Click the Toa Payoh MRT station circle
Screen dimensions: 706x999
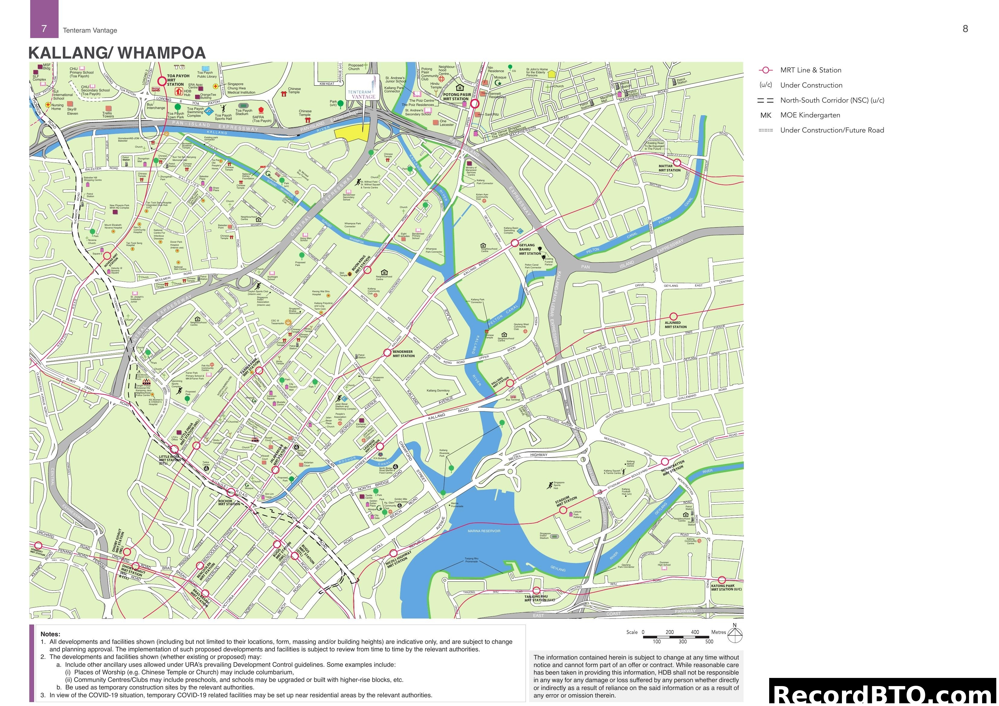pyautogui.click(x=162, y=81)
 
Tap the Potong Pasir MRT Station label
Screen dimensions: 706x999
pyautogui.click(x=457, y=97)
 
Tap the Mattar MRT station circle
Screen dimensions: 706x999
pyautogui.click(x=677, y=163)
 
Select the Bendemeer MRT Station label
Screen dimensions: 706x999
pyautogui.click(x=403, y=354)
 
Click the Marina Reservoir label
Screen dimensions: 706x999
pyautogui.click(x=484, y=531)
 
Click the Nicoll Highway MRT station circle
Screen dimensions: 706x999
pyautogui.click(x=393, y=553)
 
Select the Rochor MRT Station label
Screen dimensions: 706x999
pyautogui.click(x=229, y=503)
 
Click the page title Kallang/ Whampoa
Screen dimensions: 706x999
pyautogui.click(x=117, y=53)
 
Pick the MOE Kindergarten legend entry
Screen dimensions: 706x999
pyautogui.click(x=810, y=115)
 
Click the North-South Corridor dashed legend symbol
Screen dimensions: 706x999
pyautogui.click(x=765, y=101)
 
